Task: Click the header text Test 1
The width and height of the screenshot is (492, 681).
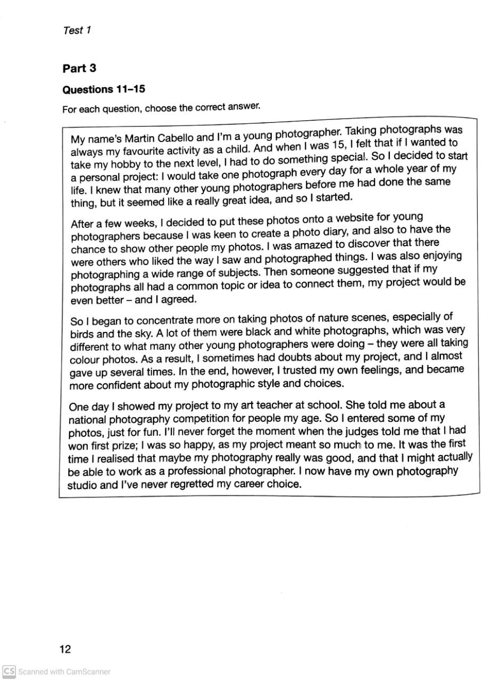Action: click(77, 30)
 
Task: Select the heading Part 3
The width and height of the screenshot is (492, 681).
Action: click(79, 68)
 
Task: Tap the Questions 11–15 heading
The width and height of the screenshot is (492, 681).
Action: click(104, 89)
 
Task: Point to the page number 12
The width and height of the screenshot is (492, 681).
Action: click(65, 649)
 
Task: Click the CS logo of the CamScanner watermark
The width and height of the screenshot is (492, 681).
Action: click(9, 671)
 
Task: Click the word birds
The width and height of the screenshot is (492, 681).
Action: click(81, 334)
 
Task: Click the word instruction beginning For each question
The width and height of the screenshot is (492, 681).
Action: click(161, 108)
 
